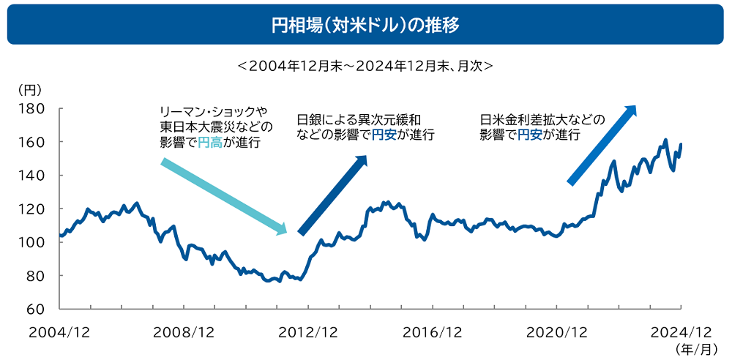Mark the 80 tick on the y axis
tap(36, 276)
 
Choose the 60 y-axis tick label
tap(36, 309)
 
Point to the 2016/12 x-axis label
tap(432, 331)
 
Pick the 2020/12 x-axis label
tap(556, 331)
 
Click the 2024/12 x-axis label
tap(681, 331)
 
